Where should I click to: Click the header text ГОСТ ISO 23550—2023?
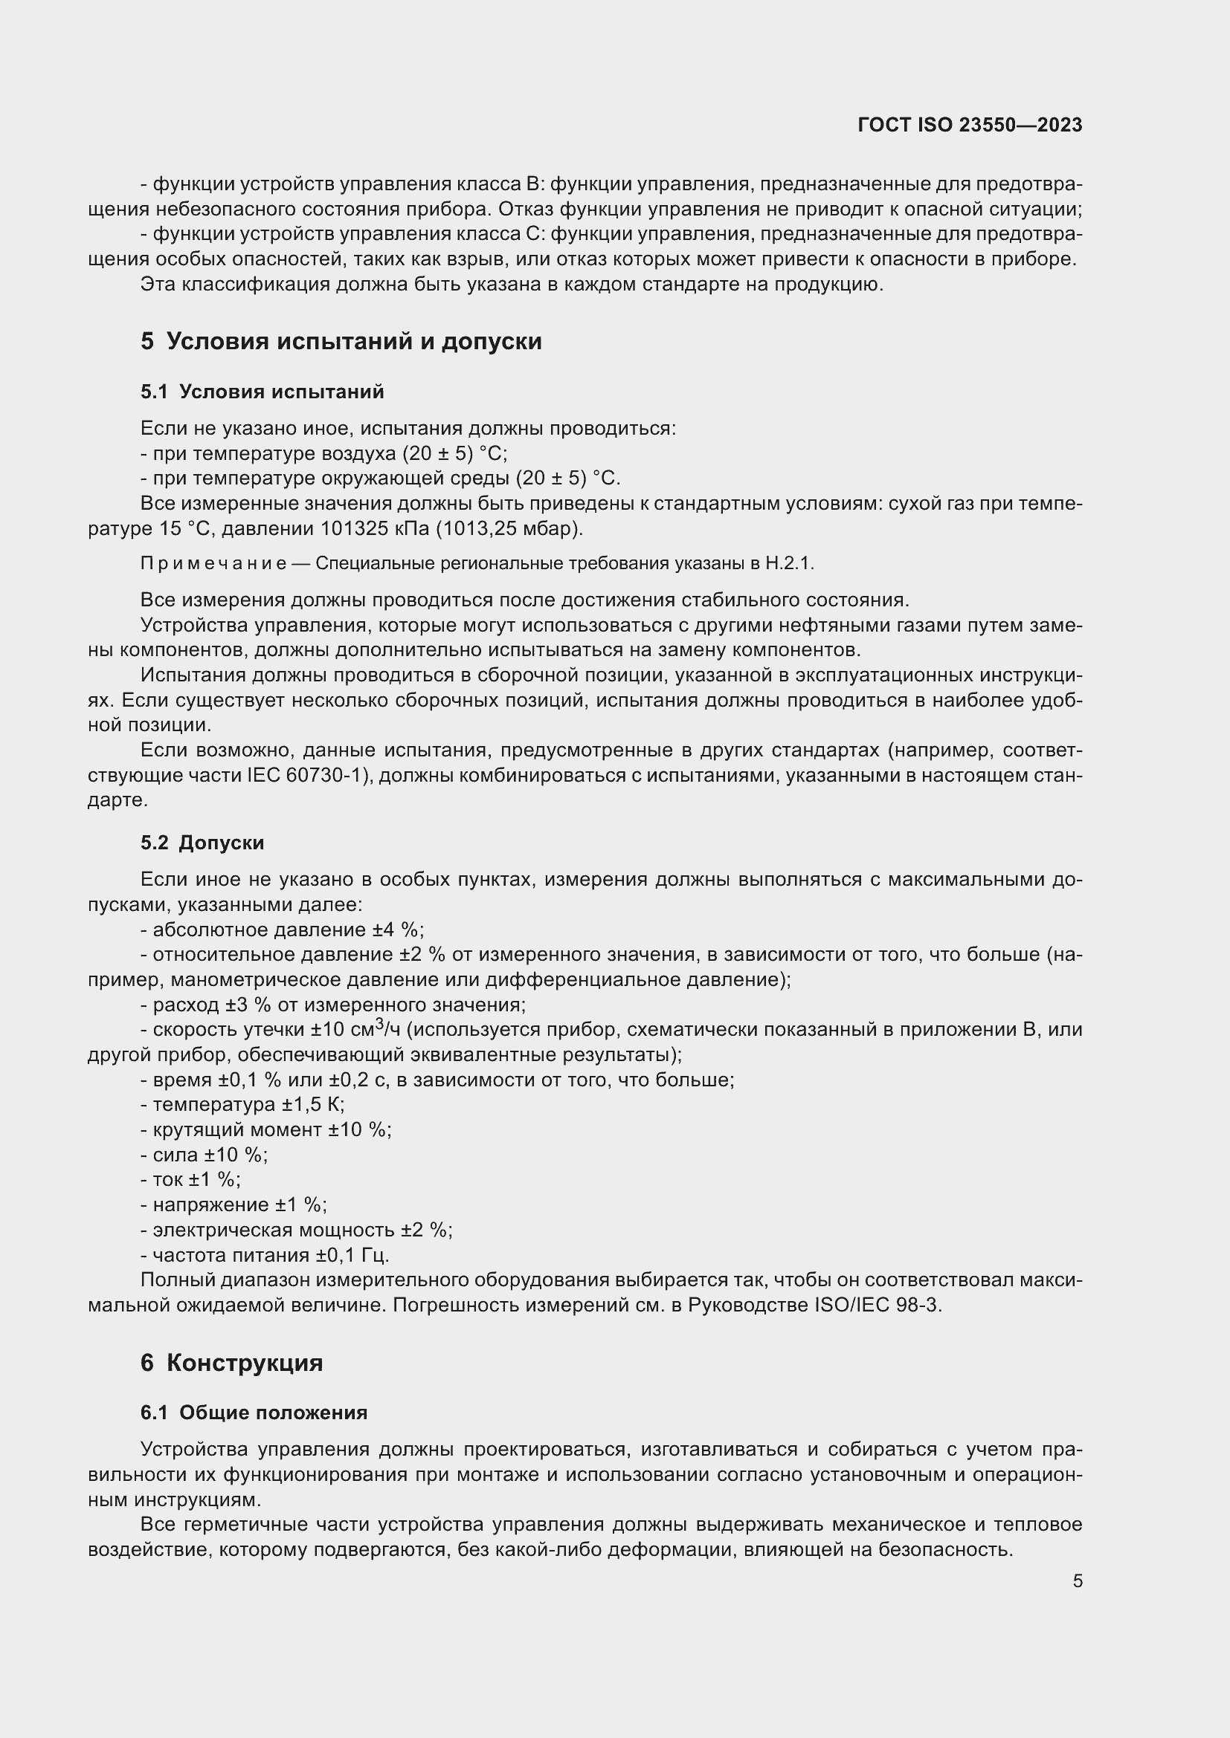(970, 125)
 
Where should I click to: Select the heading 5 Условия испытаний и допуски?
(341, 341)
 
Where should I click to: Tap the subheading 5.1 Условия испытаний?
(262, 392)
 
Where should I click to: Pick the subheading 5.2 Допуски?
(202, 843)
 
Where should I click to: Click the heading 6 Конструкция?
(232, 1363)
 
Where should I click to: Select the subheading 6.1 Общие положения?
(254, 1413)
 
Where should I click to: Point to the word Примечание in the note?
(213, 563)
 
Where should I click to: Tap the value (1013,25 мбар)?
(509, 528)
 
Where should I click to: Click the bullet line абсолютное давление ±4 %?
(282, 930)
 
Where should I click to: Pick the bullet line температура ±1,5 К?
(242, 1104)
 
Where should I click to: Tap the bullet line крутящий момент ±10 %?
(265, 1129)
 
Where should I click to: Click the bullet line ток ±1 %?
(191, 1179)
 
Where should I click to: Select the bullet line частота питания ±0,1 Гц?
(265, 1255)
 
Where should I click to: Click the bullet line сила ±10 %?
(205, 1155)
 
